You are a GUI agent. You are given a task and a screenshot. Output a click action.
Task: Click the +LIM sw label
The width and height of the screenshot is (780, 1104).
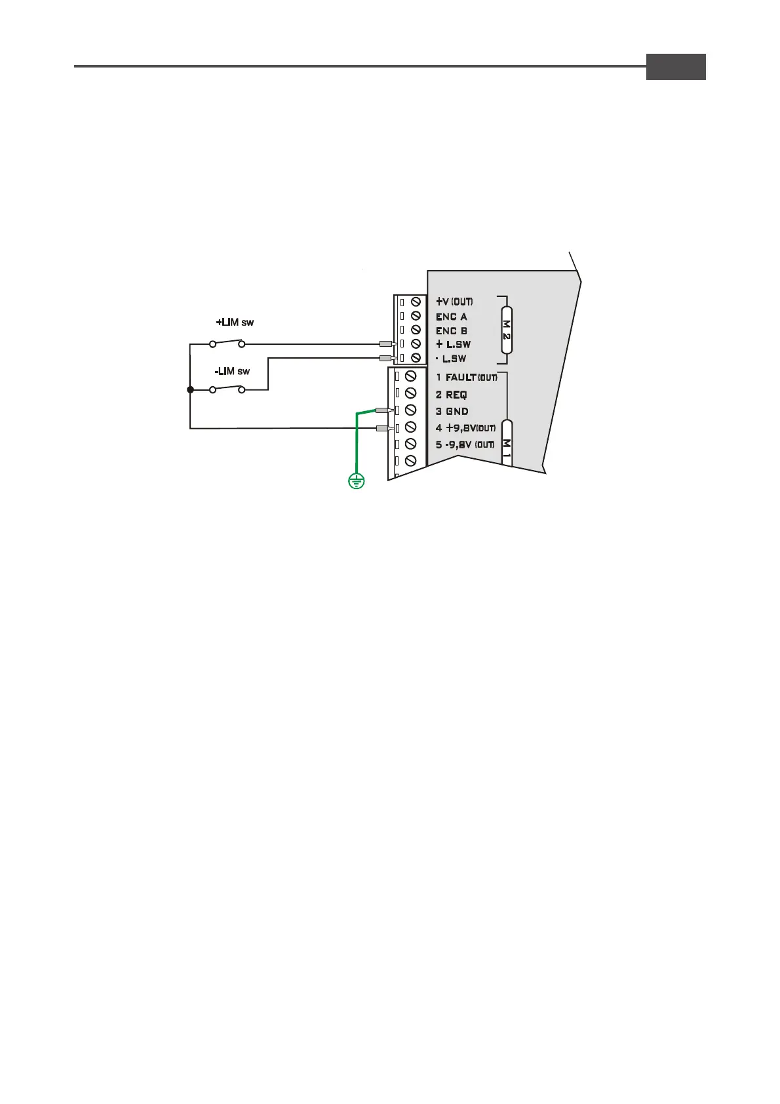point(235,323)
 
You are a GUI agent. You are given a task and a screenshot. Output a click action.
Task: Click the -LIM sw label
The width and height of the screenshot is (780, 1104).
point(232,372)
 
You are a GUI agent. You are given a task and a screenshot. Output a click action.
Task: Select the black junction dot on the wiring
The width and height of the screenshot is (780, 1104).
point(190,390)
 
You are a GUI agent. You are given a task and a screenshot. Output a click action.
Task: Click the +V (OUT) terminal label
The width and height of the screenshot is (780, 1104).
point(454,302)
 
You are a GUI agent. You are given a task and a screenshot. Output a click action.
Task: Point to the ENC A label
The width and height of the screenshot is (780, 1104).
point(452,317)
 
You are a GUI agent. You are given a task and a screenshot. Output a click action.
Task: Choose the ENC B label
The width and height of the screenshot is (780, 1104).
point(452,331)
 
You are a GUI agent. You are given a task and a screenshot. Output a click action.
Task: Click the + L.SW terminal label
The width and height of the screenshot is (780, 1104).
point(453,345)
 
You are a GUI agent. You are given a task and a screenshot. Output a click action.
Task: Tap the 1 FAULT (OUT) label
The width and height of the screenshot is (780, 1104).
point(467,378)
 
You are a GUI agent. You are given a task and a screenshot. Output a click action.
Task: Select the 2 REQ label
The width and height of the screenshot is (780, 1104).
point(452,395)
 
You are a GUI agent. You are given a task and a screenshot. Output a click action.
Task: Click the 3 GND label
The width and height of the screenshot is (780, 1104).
point(452,412)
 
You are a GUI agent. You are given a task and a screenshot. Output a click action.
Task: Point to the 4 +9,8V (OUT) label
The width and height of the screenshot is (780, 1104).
point(466,428)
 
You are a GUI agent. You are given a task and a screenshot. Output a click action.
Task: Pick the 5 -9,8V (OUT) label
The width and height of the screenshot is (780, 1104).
point(465,445)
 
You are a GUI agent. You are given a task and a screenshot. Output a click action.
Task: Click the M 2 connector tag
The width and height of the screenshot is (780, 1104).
point(506,330)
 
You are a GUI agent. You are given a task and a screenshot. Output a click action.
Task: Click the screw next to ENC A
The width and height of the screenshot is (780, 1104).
point(416,316)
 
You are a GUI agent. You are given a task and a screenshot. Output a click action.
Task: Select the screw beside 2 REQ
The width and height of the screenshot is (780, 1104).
point(411,393)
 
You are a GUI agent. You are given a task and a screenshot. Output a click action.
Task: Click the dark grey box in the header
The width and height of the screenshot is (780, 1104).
point(676,67)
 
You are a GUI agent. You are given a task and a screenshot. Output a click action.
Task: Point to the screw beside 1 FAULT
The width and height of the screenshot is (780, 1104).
point(411,376)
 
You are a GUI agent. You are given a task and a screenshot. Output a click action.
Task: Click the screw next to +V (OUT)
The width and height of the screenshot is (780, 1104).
point(416,302)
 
